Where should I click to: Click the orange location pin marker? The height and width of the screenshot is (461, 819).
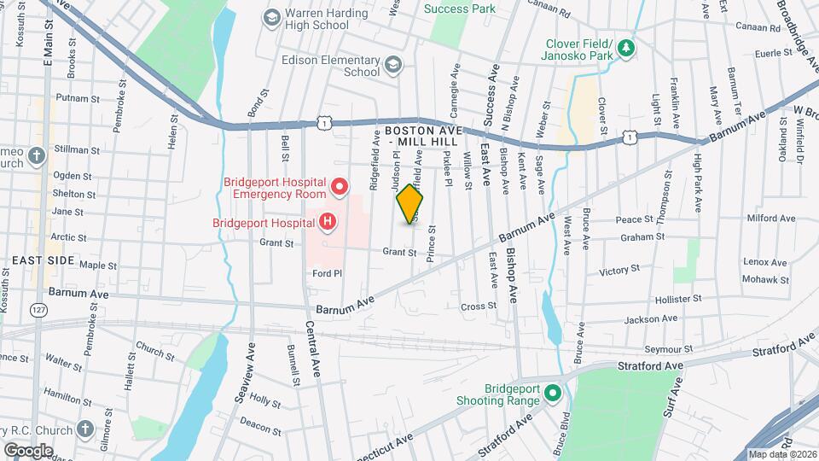coord(410,203)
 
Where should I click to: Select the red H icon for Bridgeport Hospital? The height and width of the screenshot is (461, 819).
coord(327,224)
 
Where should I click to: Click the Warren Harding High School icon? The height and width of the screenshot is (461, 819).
coord(271,17)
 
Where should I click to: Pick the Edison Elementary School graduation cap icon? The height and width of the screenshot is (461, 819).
coord(393,65)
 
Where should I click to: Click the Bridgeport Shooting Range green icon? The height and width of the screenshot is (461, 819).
coord(552,394)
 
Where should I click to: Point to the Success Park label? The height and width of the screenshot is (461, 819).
coord(460,9)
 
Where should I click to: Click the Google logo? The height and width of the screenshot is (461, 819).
coord(28,449)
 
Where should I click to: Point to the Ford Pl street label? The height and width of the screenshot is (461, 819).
coord(327,273)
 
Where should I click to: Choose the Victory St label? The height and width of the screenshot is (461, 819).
coord(619,271)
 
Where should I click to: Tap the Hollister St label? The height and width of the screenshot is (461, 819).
coord(679,300)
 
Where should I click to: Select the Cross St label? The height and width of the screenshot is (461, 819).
coord(478,306)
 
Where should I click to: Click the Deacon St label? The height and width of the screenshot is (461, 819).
coord(255,420)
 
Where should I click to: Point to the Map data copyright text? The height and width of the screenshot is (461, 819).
coord(781,454)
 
